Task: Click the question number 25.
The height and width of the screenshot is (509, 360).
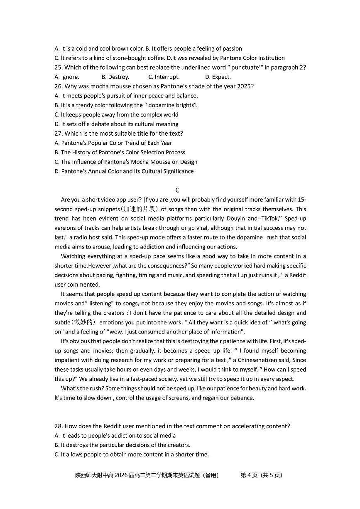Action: coord(59,68)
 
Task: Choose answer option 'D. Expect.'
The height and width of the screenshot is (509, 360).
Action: coord(218,77)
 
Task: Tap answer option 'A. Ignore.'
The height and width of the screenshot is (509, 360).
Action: coord(67,77)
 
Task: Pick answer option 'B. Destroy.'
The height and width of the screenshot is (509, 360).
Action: coord(115,77)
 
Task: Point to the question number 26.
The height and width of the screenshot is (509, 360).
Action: coord(59,86)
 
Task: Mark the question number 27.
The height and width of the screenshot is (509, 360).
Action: coord(59,134)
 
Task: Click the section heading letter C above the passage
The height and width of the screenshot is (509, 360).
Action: coord(177,190)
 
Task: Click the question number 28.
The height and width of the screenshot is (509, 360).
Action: coord(59,426)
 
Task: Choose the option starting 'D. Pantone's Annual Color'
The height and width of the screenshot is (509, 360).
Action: coord(124,171)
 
